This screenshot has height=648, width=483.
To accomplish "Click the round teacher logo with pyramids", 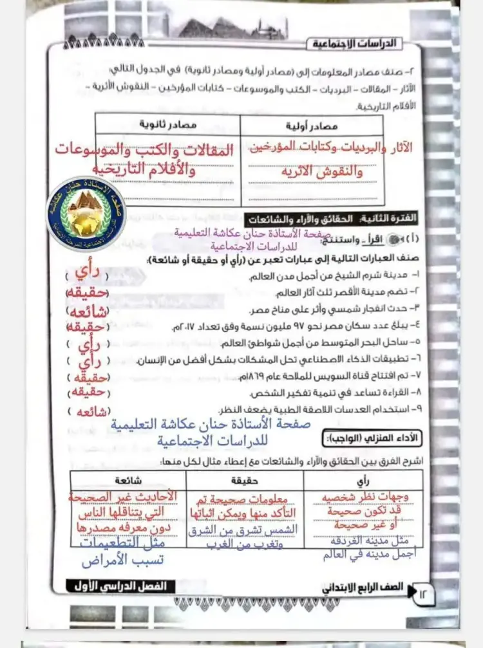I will [86, 213].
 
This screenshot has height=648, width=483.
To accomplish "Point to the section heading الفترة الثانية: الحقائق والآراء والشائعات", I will [334, 219].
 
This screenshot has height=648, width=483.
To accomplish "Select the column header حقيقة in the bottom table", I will [244, 480].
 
